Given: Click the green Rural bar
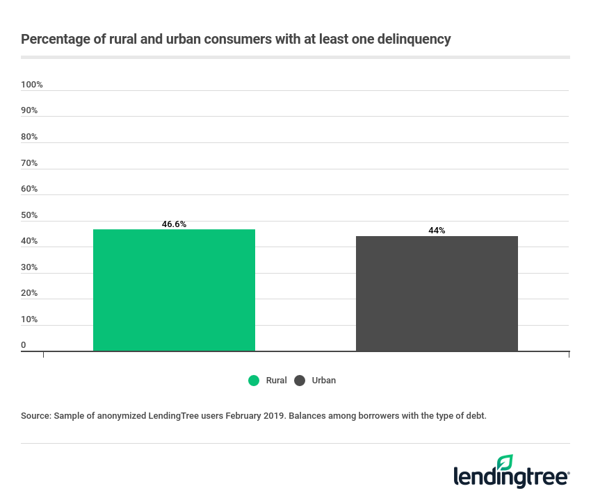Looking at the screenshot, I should click(174, 290).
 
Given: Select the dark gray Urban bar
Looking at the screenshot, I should click(437, 294).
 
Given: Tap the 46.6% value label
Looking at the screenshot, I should click(174, 224).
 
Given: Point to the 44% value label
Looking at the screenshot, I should click(437, 231).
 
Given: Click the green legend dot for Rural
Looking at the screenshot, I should click(254, 381).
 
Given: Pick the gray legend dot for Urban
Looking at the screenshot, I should click(300, 381).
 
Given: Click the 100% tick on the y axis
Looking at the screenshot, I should click(32, 85).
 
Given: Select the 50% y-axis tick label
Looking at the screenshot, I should click(29, 215).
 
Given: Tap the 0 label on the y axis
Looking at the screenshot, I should click(24, 345).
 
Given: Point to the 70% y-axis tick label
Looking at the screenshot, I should click(29, 163).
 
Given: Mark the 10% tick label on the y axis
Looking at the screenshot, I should click(29, 319).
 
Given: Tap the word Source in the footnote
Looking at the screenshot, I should click(36, 415).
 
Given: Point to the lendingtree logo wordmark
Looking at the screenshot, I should click(511, 477).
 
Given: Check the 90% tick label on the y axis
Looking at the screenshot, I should click(29, 110).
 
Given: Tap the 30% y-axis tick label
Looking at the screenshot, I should click(29, 267).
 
